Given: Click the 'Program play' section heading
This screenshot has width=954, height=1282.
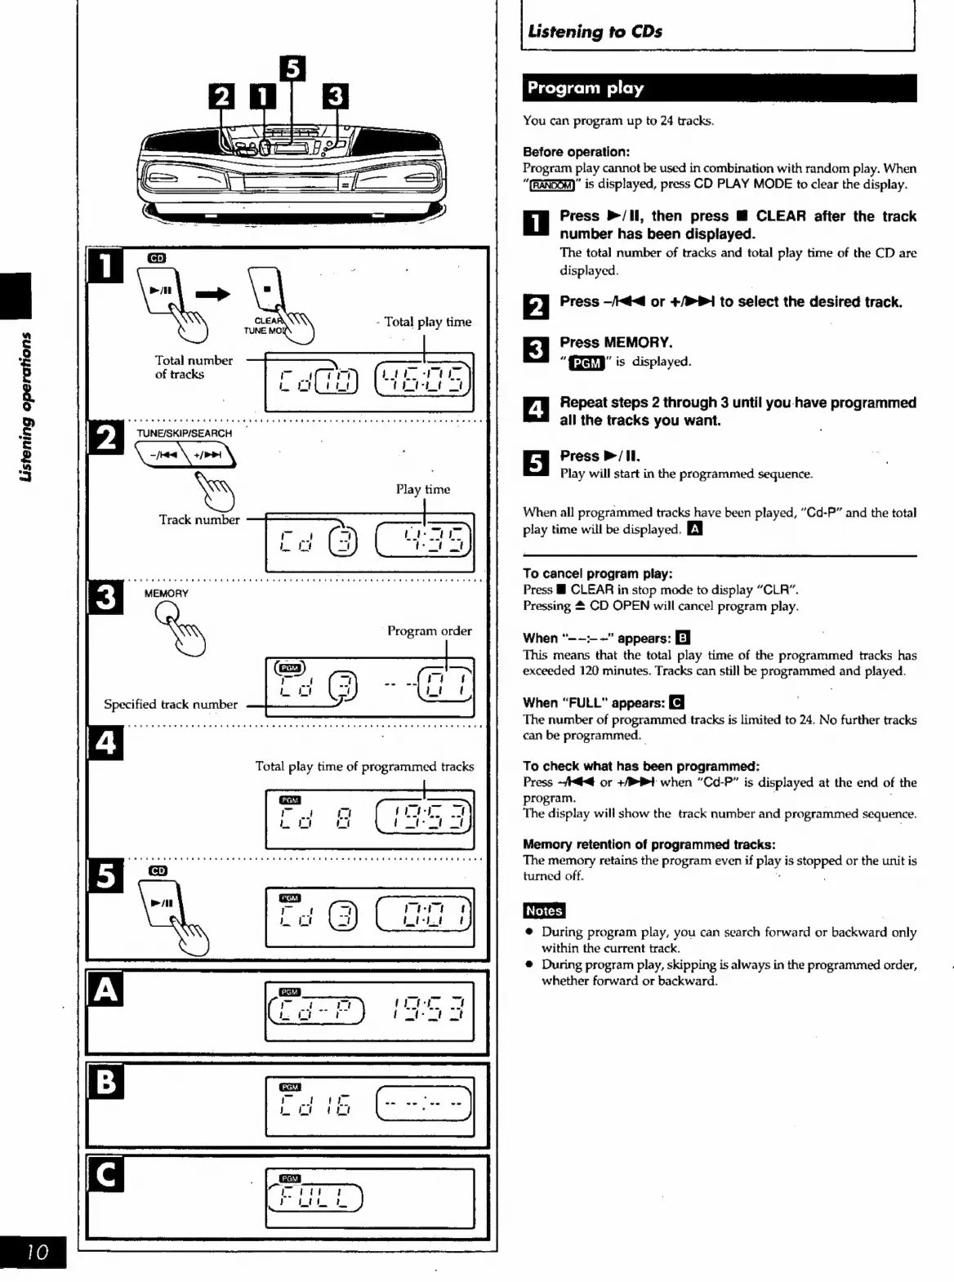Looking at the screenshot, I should pos(586,88).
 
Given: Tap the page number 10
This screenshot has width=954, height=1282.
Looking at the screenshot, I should pos(37,1251).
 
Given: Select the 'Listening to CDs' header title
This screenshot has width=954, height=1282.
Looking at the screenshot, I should pos(595,32).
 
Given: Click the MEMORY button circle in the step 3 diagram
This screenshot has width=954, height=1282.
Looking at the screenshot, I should pos(167,612).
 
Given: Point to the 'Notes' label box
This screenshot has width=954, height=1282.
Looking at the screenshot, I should pos(544,910).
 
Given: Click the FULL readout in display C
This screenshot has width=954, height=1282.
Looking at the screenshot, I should pos(314,1198).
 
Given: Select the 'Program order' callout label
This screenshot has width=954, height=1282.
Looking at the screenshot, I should pos(430,630).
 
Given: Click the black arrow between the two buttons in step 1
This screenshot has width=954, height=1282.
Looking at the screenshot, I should pos(212,294).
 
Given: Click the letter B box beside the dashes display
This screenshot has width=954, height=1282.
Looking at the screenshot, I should pos(106,1083).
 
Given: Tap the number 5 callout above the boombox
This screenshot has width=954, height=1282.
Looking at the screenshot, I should pos(292,69).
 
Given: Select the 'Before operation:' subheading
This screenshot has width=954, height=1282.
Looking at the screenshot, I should pos(576,152).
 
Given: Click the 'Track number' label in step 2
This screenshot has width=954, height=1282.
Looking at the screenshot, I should pos(199,519).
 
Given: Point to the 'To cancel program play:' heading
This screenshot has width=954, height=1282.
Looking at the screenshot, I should pos(597,573).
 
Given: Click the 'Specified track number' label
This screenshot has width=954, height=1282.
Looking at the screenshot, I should pos(171,704).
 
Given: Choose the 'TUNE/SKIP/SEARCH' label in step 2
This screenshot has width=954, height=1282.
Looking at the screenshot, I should pos(185,434).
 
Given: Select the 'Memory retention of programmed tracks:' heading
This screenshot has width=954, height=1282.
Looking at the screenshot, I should pos(649,844).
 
